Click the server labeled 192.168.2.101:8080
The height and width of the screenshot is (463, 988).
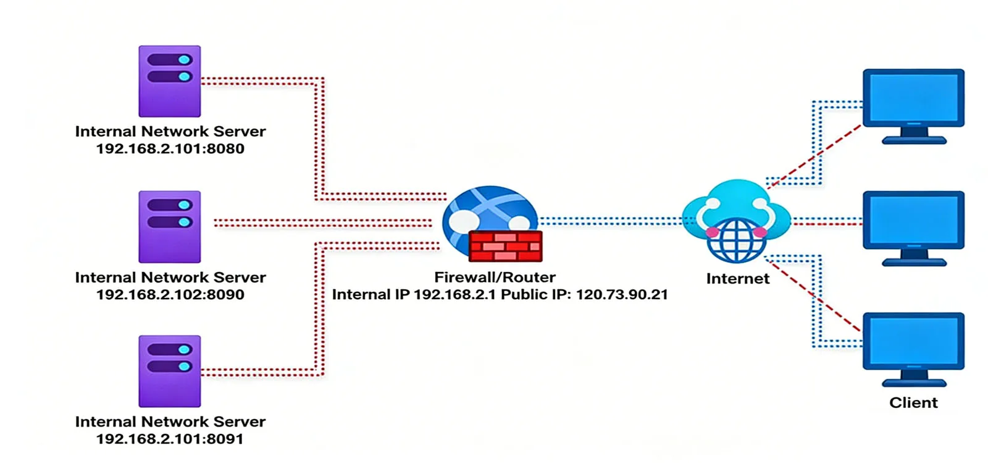point(169,81)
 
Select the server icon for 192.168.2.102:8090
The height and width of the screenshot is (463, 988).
point(169,226)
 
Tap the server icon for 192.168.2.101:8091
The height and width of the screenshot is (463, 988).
point(169,371)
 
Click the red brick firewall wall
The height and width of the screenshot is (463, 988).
point(505,246)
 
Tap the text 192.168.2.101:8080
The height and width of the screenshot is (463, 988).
point(170,149)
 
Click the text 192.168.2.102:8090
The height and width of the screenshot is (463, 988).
point(170,295)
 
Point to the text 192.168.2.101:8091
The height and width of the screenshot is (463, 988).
point(170,440)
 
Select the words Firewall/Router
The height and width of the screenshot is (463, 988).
point(495,278)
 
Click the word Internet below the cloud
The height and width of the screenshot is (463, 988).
point(737,279)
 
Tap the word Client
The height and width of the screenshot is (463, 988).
point(913,403)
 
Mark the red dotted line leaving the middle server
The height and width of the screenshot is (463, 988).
point(321,223)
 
